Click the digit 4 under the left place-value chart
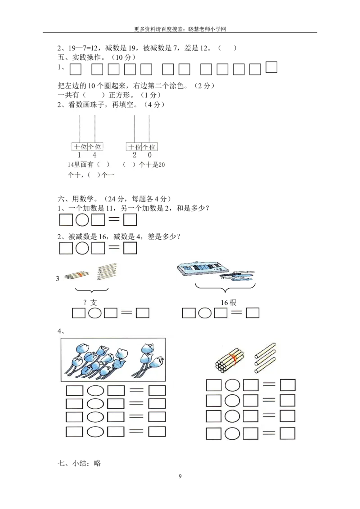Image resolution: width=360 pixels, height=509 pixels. tap(94, 155)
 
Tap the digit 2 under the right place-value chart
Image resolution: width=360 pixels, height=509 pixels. tap(134, 155)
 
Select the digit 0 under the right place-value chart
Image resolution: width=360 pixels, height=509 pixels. tap(149, 155)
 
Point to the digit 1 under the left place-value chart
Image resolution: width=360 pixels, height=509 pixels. tap(80, 155)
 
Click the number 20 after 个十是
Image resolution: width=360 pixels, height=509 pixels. tap(162, 165)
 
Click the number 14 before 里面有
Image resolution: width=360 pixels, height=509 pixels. tap(71, 165)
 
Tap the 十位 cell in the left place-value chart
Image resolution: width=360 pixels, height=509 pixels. tap(80, 147)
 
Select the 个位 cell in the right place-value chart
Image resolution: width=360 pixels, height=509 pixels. tap(149, 147)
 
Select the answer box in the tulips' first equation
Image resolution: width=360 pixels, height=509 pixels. tap(157, 390)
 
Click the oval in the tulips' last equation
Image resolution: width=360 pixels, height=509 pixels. tap(95, 432)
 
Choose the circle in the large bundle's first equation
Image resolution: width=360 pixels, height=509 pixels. tap(232, 385)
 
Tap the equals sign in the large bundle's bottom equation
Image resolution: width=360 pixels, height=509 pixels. tap(269, 433)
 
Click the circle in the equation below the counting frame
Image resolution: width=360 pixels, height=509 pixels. tap(205, 313)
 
